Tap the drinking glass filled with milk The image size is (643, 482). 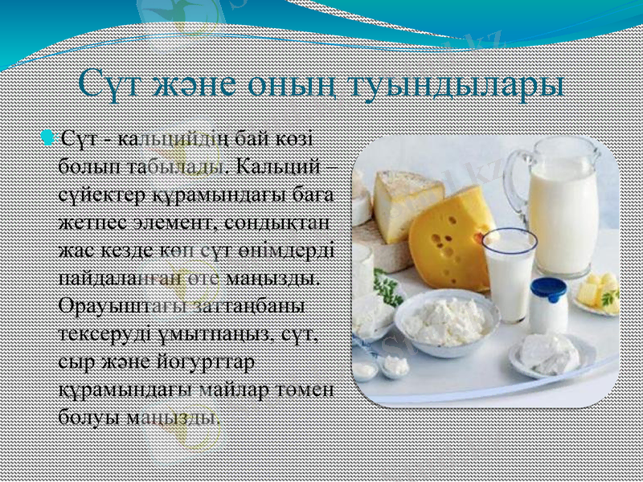pos(510,273)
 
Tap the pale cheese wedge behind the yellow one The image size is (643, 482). pos(402,201)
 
